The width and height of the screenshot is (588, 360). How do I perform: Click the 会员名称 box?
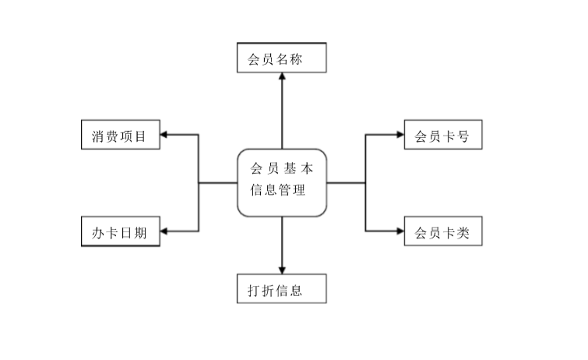(x=281, y=58)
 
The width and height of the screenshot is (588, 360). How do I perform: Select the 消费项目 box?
(x=120, y=136)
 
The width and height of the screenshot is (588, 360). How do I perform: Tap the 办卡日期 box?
(x=120, y=231)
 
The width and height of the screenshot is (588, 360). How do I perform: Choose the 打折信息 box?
(x=281, y=290)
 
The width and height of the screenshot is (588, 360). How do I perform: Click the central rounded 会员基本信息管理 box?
(x=281, y=182)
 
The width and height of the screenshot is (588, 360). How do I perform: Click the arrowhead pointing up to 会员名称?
(x=281, y=79)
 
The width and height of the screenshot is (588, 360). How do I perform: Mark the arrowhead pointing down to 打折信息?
(x=281, y=270)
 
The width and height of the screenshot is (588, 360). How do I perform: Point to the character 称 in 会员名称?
(x=307, y=59)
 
